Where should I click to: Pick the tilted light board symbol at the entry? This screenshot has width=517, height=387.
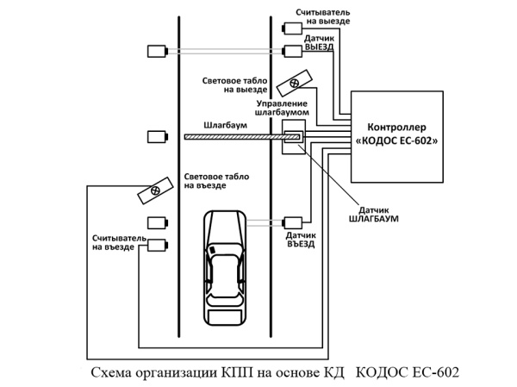pos(153,190)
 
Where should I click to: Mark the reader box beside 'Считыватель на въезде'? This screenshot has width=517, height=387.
pos(156,245)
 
